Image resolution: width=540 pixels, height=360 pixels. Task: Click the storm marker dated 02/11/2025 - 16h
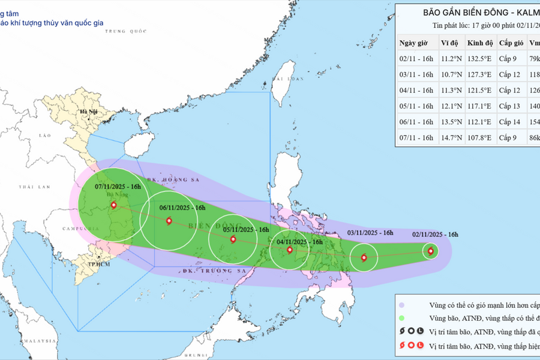pos(430,251)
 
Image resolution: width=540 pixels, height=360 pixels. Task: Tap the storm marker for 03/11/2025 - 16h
pos(364,258)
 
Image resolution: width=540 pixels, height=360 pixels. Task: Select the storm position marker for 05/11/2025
pos(233,240)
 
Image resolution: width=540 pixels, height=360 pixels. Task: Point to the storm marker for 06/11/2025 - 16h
pos(169,221)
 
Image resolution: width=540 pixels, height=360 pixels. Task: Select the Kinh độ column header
pos(480,43)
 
